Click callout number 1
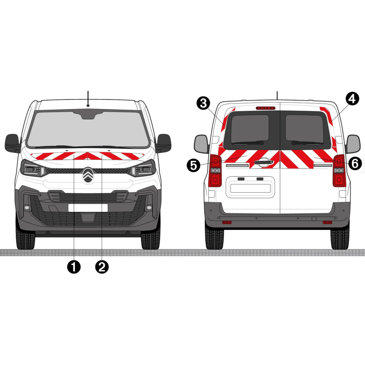(x=74, y=267)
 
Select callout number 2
(x=102, y=267)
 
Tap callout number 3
(x=203, y=103)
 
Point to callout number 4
(x=352, y=99)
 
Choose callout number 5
(x=193, y=165)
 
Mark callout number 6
(x=355, y=163)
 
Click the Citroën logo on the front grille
(x=88, y=175)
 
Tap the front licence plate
(x=88, y=208)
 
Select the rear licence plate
(x=250, y=188)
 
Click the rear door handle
(x=264, y=162)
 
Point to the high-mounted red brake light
(x=266, y=108)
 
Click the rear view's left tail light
(x=215, y=170)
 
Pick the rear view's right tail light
(x=339, y=170)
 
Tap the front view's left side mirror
(x=12, y=143)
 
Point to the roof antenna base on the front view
(x=88, y=106)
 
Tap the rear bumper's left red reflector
(x=227, y=223)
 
